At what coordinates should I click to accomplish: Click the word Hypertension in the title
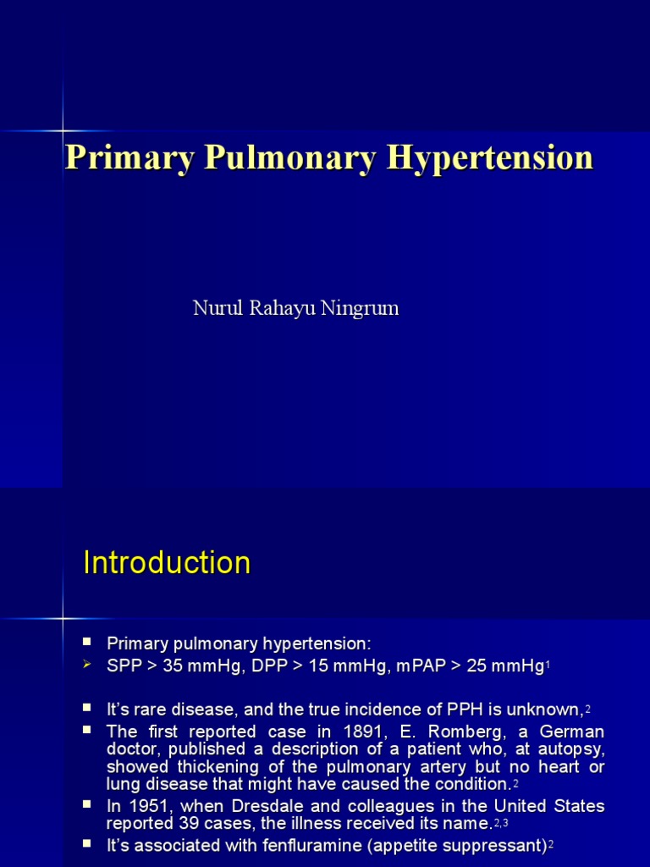click(490, 158)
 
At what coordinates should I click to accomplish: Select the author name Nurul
click(218, 308)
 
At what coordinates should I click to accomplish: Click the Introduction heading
click(167, 563)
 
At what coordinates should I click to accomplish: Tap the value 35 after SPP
click(173, 665)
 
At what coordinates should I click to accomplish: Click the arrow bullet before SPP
click(87, 665)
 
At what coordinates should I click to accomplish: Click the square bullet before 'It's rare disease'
click(87, 705)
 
